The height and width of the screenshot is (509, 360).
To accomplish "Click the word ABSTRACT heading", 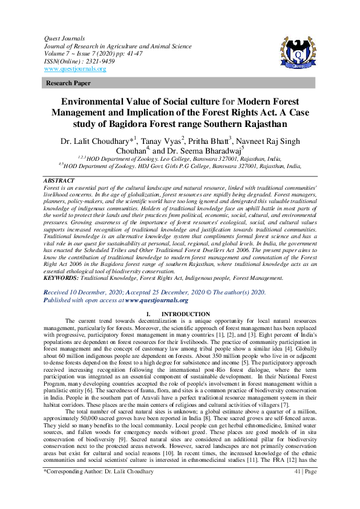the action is click(59, 181).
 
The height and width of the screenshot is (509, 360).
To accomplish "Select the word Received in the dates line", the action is click(61, 291).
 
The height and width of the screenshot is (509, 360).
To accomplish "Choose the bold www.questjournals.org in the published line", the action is click(157, 299).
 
